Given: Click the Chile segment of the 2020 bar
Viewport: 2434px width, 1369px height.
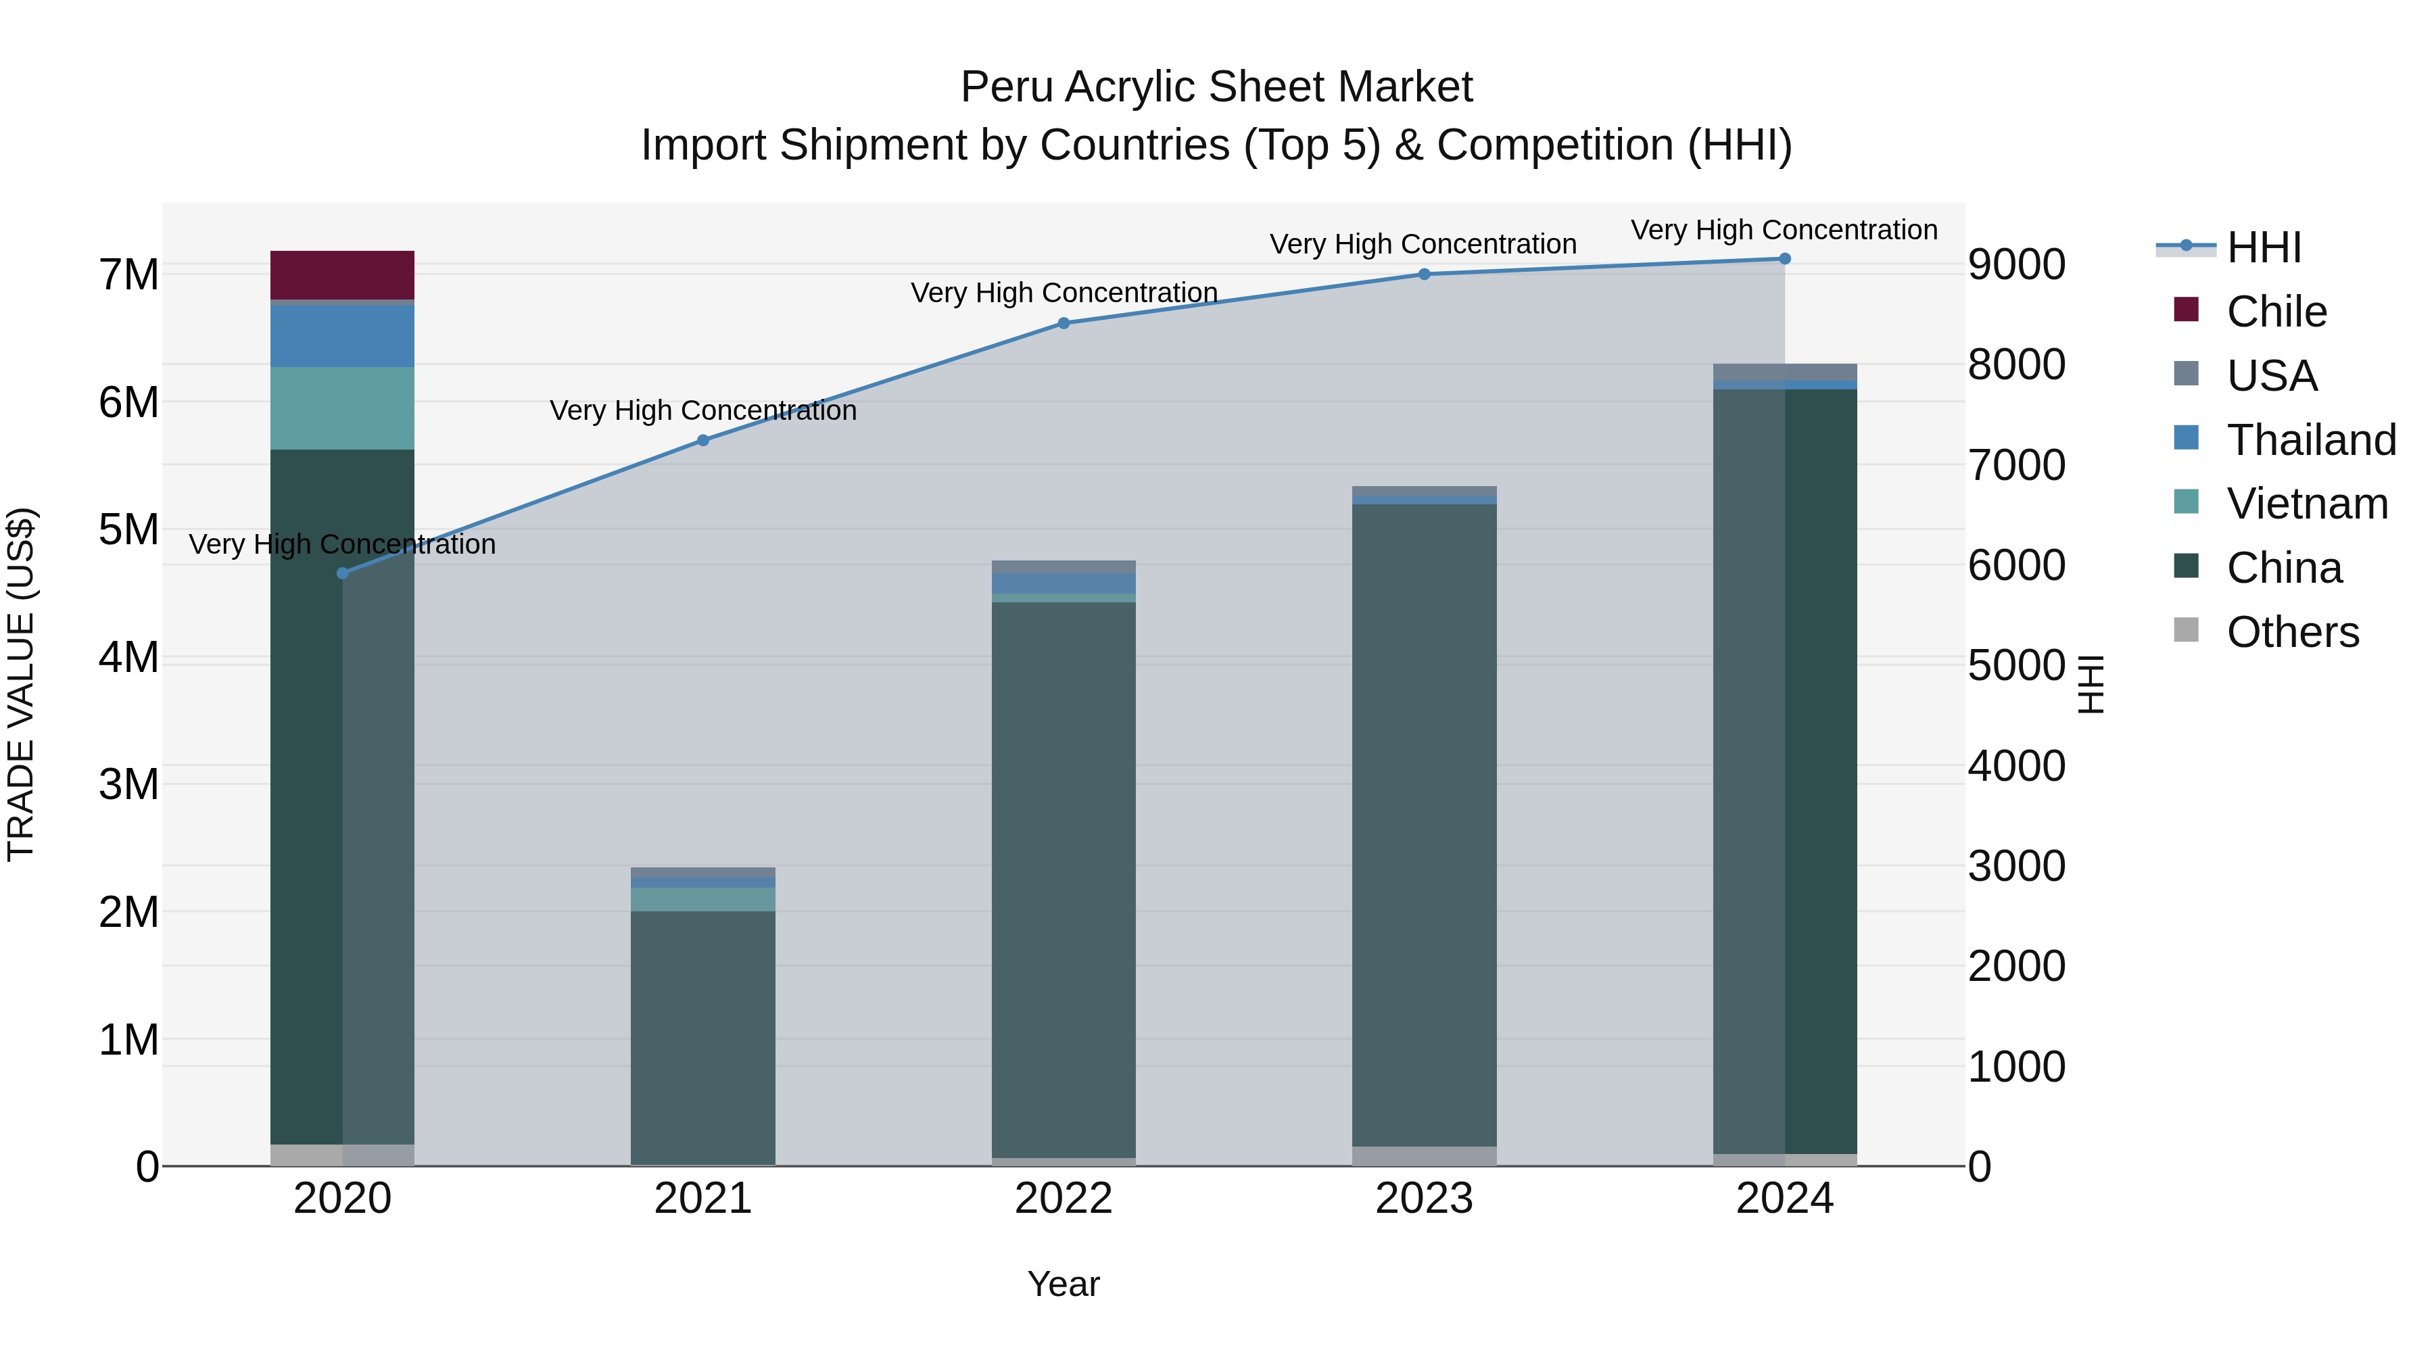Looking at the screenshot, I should tap(342, 275).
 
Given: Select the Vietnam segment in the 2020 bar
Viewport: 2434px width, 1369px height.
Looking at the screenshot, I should tap(342, 408).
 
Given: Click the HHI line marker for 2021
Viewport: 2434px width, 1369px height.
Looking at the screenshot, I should tap(703, 440).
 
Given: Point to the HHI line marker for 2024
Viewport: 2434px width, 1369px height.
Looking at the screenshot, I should tap(1785, 259).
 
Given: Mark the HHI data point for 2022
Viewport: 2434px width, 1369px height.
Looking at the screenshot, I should tap(1064, 323).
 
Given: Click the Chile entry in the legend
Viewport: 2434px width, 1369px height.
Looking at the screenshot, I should tap(2276, 312).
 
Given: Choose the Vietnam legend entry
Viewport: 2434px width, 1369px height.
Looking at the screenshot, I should tap(2306, 504).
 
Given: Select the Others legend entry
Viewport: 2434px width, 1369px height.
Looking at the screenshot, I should tap(2292, 632).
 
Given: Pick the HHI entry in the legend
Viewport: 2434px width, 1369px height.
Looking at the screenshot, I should tap(2263, 247).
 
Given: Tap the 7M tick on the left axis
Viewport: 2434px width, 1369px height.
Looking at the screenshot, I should tap(128, 275).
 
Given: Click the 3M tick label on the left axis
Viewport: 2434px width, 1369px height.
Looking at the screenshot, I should tap(128, 784).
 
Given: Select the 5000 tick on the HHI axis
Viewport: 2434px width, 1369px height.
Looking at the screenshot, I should tap(2016, 665).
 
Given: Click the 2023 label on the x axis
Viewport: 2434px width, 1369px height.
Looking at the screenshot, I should tap(1424, 1199).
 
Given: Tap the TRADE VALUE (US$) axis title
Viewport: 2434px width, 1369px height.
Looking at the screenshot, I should tap(21, 684).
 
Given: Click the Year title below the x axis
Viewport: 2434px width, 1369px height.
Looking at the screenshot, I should tap(1064, 1284).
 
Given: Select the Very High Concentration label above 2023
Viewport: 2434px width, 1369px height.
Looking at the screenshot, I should tap(1423, 244).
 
